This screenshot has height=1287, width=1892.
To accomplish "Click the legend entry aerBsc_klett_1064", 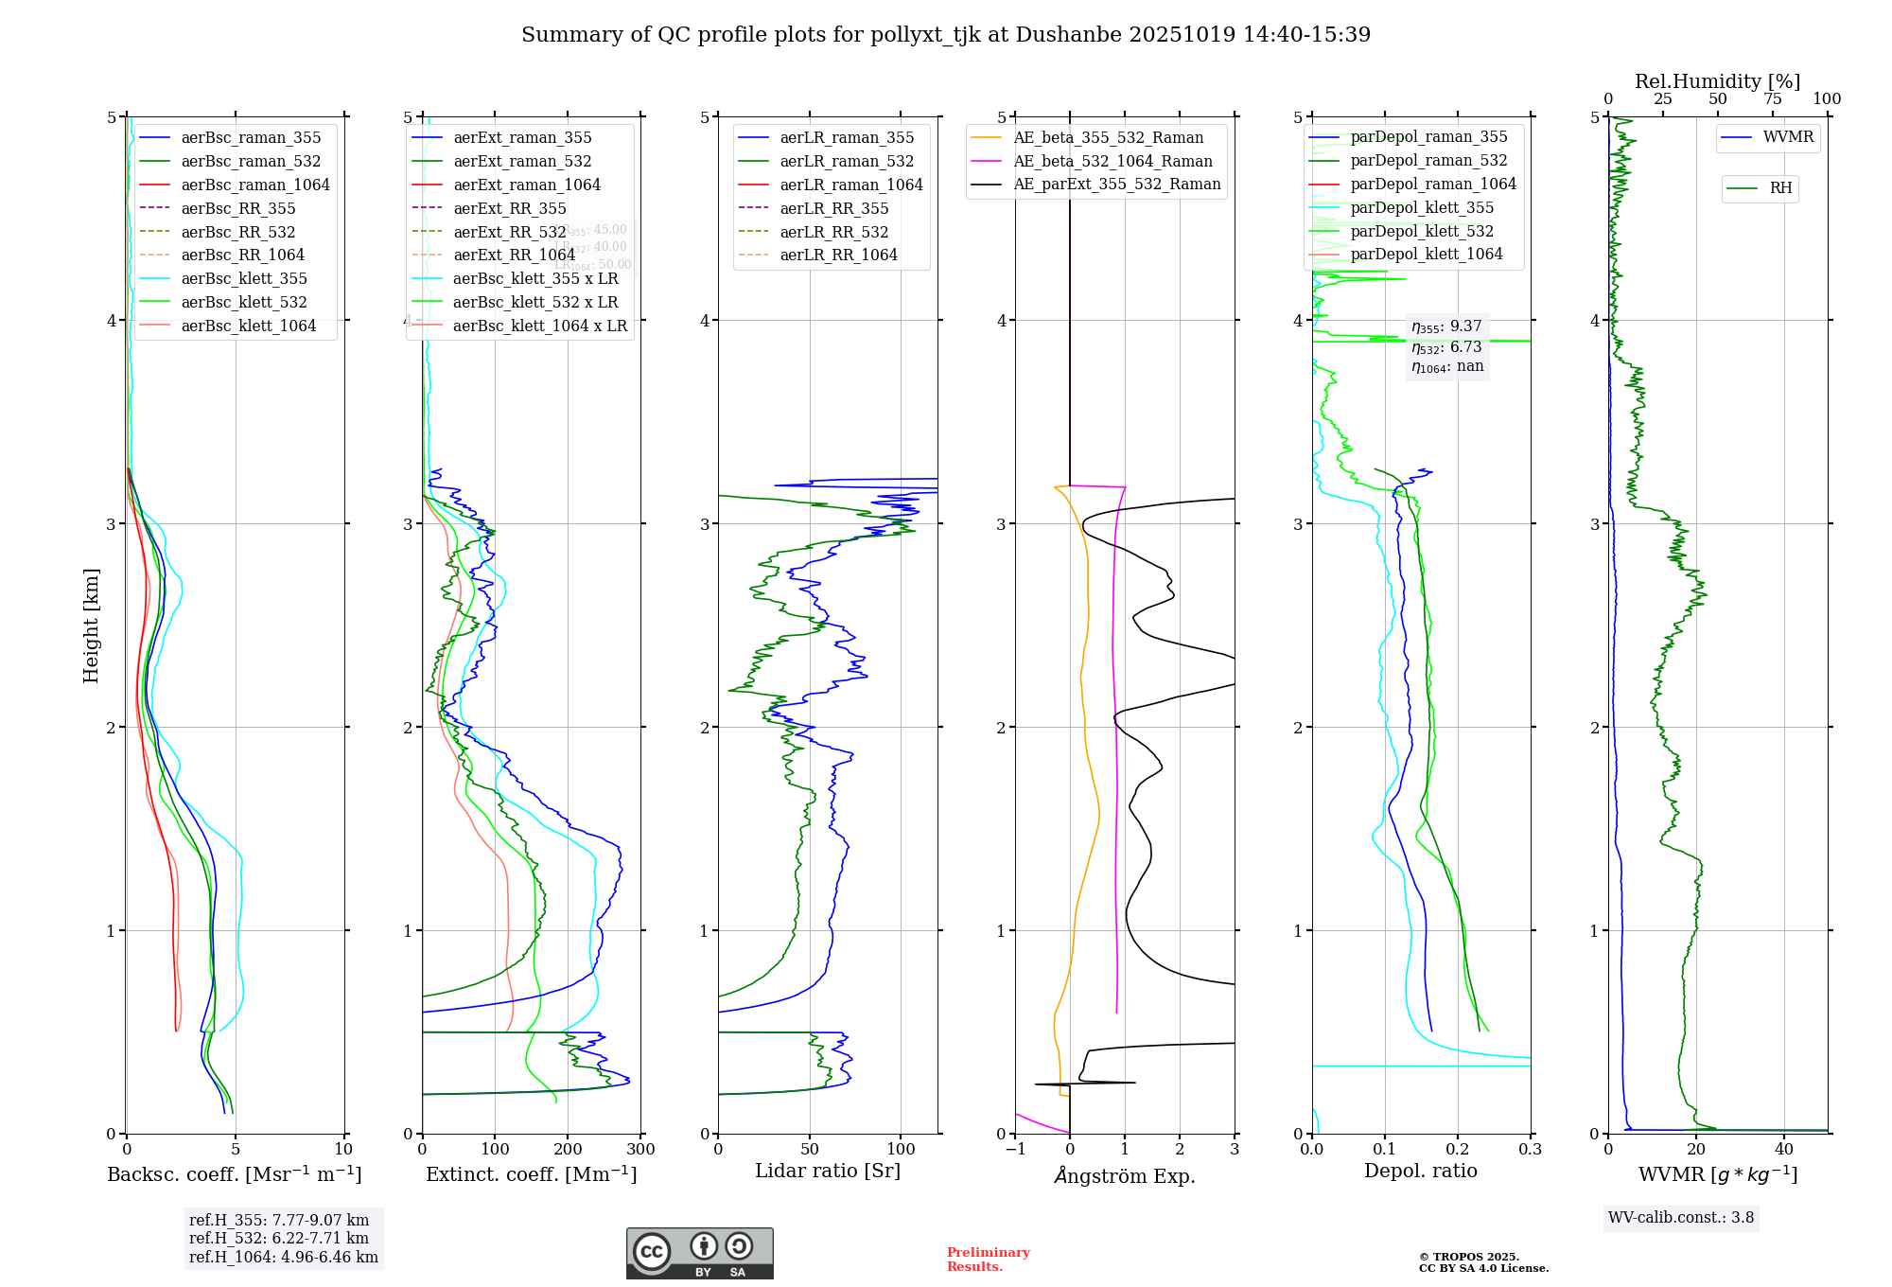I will point(248,326).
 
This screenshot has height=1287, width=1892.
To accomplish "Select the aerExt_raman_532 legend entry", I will point(522,161).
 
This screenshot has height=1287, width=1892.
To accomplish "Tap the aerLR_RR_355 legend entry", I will point(833,208).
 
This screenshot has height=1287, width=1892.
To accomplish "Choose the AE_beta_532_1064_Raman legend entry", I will point(1112,161).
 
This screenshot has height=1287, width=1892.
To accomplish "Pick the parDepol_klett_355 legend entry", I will point(1422,207).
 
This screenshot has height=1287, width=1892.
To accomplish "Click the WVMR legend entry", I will point(1788,137).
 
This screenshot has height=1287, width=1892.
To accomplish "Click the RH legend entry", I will point(1780,188).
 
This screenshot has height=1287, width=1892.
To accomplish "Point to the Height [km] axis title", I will point(91,626).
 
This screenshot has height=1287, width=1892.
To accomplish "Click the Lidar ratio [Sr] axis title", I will point(828,1171).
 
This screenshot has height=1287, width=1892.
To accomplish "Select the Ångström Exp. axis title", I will point(1125,1175).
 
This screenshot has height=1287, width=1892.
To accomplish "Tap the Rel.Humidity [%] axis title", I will point(1717,81).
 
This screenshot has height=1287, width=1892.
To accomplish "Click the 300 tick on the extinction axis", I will point(641,1150).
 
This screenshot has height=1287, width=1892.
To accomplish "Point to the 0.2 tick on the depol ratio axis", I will point(1458,1150).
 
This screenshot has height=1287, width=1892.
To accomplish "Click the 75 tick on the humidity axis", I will point(1773,99).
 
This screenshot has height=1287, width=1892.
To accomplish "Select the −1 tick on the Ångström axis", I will point(1015,1150).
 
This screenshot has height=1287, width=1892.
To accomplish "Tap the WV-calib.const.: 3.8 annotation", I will point(1681,1218).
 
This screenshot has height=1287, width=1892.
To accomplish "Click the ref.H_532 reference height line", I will point(279,1238).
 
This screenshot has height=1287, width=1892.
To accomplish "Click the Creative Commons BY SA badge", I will point(699,1253).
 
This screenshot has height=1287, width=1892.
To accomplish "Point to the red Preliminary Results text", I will point(988,1260).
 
